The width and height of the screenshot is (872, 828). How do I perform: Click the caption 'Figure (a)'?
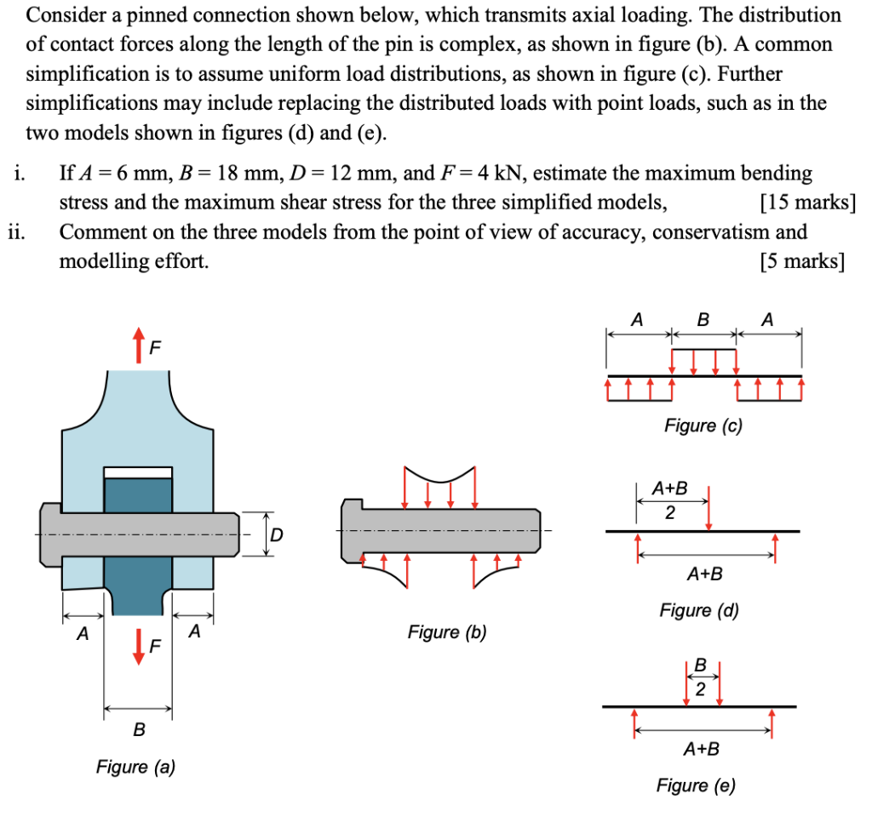coord(135,767)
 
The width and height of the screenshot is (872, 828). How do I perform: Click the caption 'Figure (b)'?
coord(447,631)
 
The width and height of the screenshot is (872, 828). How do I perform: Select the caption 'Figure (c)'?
coord(703,425)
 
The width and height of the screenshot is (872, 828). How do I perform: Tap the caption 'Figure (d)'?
coord(699,610)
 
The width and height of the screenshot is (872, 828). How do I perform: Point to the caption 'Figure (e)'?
coord(695,785)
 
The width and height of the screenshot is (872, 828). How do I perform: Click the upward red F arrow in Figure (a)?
coord(136,345)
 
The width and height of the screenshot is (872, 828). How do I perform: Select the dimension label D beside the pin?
coord(276,534)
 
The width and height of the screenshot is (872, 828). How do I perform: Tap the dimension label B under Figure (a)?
coord(139,729)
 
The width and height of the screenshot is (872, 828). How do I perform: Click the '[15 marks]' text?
coord(806,203)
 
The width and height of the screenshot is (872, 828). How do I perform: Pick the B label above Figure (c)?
coord(703,321)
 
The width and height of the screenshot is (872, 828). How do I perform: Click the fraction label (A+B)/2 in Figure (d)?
coord(669,500)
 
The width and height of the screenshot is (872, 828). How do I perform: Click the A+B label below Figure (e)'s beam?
coord(702,750)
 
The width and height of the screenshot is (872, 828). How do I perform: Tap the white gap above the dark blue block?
coord(138,472)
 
